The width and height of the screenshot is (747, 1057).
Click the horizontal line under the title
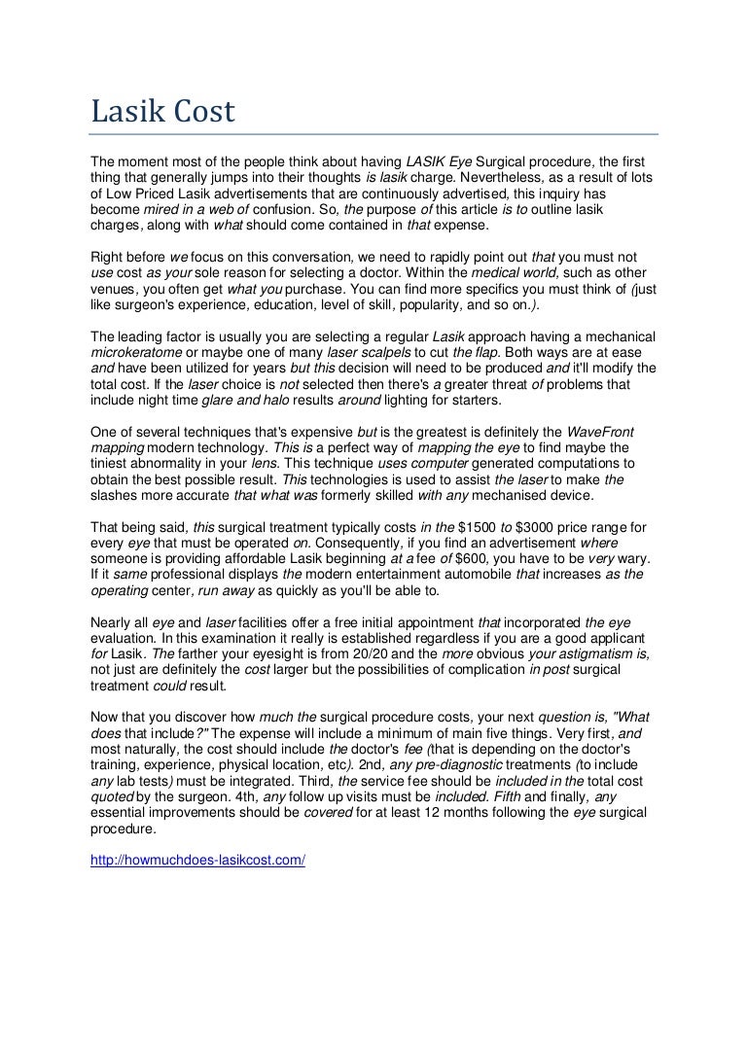pos(373,134)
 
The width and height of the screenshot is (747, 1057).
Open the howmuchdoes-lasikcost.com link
pos(197,861)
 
